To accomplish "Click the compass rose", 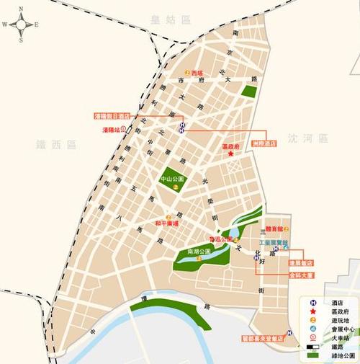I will coord(20,24).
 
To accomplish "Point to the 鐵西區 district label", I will coord(55,144).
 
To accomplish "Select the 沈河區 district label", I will coord(307,138).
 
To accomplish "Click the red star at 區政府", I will coord(230,154).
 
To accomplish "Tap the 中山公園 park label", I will coord(172,177).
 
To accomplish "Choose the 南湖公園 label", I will coord(198,251).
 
